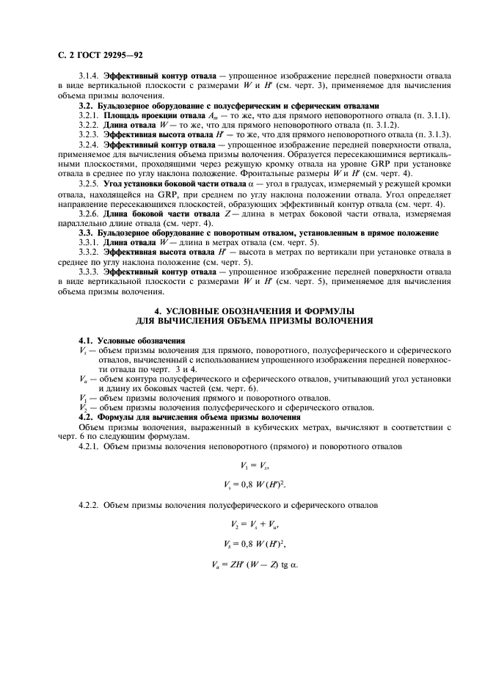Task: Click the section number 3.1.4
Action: [x=90, y=76]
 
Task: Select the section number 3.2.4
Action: [x=90, y=144]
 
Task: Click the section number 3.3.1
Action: [x=90, y=242]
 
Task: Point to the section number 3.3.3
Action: [x=90, y=271]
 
